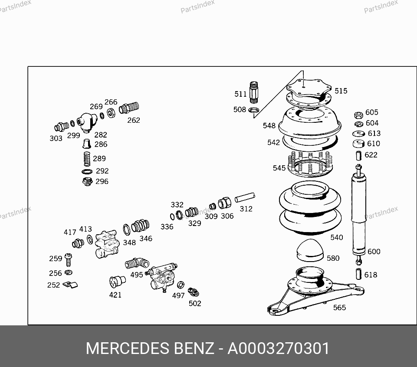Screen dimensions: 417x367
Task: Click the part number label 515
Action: [341, 91]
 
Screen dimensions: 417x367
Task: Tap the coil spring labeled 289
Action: [87, 159]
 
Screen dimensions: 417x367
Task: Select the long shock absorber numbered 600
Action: [358, 215]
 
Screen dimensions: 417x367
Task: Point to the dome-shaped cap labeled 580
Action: [310, 250]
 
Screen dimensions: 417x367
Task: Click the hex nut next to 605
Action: [358, 115]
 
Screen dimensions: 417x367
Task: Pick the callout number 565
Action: [340, 308]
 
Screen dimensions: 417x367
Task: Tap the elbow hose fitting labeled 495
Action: [137, 263]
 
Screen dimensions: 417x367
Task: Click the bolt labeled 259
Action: [69, 260]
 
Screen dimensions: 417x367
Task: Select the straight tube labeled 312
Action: [245, 197]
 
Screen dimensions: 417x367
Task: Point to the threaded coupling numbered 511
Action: [254, 92]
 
